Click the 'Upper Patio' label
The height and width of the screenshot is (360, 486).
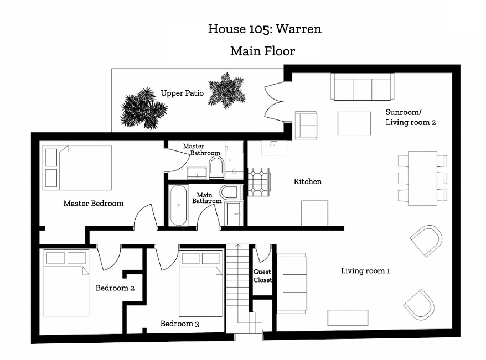[x=182, y=93]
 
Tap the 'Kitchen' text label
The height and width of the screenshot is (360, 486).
[x=308, y=181]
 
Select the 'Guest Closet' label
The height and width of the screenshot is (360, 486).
[x=262, y=276]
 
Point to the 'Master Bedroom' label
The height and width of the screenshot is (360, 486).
[x=94, y=204]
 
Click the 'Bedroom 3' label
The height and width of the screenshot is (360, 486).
[x=179, y=324]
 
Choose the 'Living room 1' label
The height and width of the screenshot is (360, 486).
[x=365, y=271]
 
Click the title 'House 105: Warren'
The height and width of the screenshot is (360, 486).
[x=265, y=29]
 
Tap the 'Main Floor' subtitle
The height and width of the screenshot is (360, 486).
[x=262, y=51]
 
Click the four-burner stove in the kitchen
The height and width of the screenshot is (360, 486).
[x=259, y=182]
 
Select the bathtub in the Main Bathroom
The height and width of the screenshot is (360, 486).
[x=178, y=205]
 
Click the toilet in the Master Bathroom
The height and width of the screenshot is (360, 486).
[x=216, y=167]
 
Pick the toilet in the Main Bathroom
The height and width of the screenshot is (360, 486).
[x=231, y=192]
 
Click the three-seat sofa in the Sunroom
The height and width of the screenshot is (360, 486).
[x=363, y=87]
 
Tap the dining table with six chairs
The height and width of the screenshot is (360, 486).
[x=422, y=178]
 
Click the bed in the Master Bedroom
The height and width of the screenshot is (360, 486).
[x=77, y=168]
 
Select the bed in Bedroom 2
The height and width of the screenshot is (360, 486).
[x=66, y=283]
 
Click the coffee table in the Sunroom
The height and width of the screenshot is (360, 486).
[x=354, y=123]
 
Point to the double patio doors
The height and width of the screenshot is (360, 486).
[x=274, y=101]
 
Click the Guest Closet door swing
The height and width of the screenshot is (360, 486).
[x=263, y=254]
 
